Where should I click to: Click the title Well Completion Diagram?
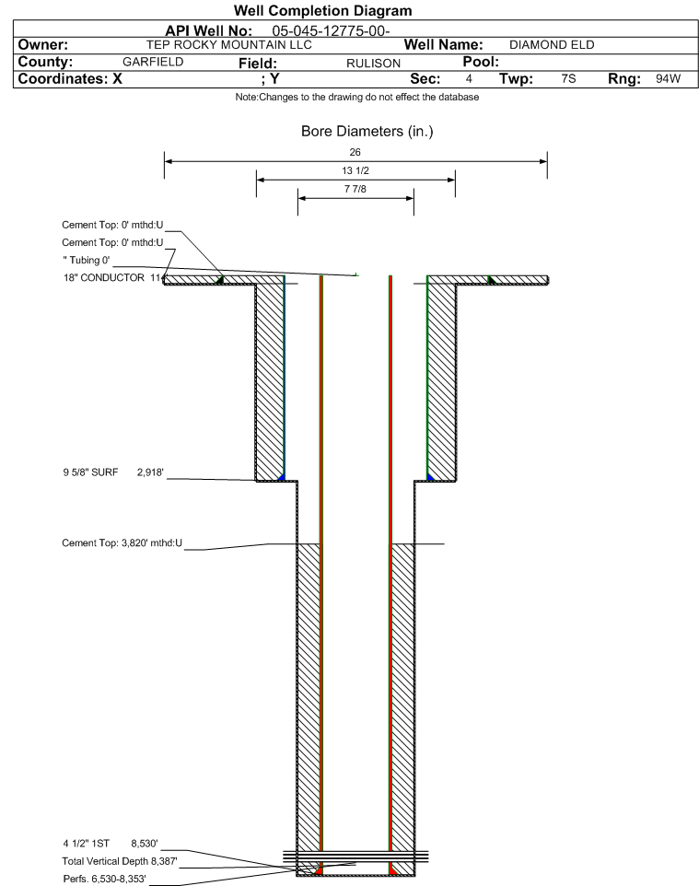pos(322,11)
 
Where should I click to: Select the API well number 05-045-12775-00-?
pos(331,31)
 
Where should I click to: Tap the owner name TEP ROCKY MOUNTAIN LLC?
pos(229,45)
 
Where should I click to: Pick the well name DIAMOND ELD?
pos(552,45)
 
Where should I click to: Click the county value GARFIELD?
pos(153,62)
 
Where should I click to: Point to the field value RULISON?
pos(374,64)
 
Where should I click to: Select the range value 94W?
pos(668,78)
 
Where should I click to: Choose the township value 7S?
pos(568,78)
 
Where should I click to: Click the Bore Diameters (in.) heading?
pos(367,132)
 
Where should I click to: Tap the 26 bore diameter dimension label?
pos(355,152)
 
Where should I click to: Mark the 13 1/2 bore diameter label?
pos(355,170)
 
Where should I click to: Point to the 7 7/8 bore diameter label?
pos(355,189)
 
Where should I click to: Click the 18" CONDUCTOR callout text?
pos(104,277)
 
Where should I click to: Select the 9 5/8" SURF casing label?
pos(90,472)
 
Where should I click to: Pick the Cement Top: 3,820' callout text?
pos(122,543)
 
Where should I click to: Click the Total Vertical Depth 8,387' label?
pos(120,861)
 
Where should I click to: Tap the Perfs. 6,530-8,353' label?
pos(105,879)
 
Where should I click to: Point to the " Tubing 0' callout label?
pos(87,260)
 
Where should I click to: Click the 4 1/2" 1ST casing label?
pos(87,844)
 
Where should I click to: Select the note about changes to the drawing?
pos(357,98)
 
